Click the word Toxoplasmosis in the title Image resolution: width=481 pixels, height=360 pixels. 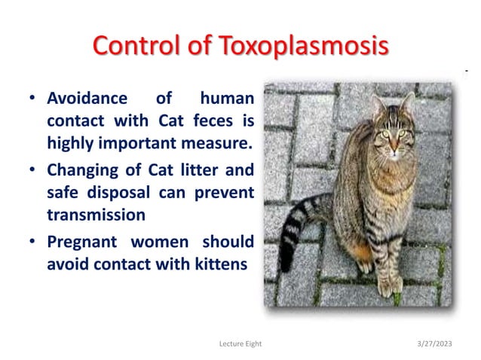click(x=305, y=45)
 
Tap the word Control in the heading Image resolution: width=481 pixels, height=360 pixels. click(x=138, y=45)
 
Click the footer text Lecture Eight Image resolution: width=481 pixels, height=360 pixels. click(x=240, y=343)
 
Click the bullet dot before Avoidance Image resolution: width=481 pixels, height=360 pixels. click(x=32, y=99)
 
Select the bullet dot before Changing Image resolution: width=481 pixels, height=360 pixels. click(x=32, y=170)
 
